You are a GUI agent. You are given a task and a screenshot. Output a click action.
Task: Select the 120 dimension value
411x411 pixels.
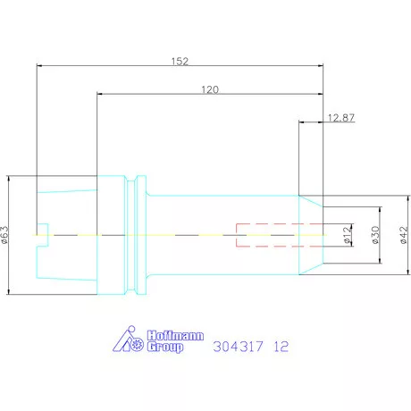click(211, 90)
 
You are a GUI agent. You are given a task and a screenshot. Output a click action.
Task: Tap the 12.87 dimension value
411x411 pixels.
click(341, 117)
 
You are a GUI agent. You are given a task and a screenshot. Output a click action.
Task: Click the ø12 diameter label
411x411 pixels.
click(347, 234)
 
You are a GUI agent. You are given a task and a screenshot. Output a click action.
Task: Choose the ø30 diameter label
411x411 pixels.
click(375, 234)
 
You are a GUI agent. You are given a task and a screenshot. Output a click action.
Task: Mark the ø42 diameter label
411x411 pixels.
click(404, 234)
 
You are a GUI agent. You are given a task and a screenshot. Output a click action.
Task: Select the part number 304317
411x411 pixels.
click(241, 345)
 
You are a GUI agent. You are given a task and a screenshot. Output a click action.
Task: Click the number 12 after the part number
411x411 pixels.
click(282, 345)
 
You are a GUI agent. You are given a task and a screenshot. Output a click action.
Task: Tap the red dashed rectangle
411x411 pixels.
click(266, 234)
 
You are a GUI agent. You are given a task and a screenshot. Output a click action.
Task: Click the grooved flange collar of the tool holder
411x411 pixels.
click(136, 234)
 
